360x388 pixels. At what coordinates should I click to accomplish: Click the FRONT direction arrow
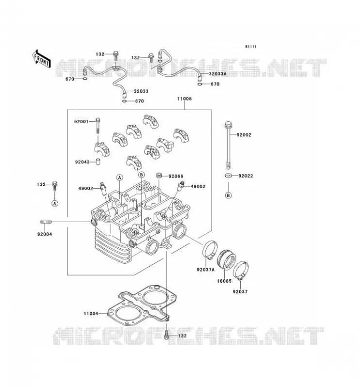coord(41,59)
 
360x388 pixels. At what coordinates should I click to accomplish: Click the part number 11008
coord(184,99)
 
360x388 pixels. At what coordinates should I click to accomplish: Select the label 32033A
coord(218,74)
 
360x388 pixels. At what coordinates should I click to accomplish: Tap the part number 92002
coord(244,135)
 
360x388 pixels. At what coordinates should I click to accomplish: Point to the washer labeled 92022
coord(229,176)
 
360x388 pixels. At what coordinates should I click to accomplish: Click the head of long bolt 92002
coord(228,125)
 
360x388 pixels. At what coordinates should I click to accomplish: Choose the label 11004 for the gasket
coord(91,313)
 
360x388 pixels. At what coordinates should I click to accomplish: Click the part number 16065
coord(224,281)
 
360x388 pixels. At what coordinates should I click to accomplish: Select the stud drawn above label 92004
coord(46,222)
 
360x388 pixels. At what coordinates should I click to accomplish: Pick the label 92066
coord(176,176)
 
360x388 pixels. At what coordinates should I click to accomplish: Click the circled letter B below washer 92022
coord(229,195)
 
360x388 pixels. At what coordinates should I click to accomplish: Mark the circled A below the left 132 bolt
coord(55,203)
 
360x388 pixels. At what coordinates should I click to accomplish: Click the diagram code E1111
coord(251,47)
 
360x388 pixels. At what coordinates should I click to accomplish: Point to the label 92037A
coord(206,270)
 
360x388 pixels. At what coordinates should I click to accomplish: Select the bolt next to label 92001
coord(98,126)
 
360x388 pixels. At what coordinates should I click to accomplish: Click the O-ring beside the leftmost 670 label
coord(85,79)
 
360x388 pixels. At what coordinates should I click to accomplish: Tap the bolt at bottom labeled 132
coord(166,334)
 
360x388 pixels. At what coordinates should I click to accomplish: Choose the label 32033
coord(141,91)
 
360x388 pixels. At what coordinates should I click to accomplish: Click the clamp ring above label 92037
coord(241,270)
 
